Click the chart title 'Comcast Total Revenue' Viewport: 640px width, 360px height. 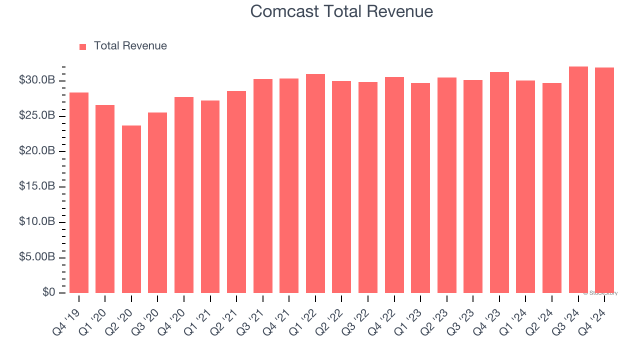pos(341,11)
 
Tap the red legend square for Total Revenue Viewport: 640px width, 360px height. pos(82,46)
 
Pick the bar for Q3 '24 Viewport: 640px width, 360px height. pos(578,179)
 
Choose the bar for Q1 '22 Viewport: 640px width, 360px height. pos(315,183)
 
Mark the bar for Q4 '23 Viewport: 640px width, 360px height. pos(499,182)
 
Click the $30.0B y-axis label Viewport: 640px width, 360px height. pos(37,80)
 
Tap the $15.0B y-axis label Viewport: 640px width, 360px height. pos(37,186)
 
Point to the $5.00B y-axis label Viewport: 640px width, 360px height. pos(37,257)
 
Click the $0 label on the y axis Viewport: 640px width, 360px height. pos(48,292)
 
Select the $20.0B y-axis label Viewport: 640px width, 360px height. pos(37,150)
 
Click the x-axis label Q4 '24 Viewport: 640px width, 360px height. pos(593,320)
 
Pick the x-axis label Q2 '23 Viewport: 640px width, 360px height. pos(436,320)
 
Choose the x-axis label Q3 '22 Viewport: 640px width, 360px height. pos(357,320)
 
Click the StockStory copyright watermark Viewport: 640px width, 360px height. pos(600,293)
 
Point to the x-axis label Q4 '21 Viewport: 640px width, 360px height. pos(278,320)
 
